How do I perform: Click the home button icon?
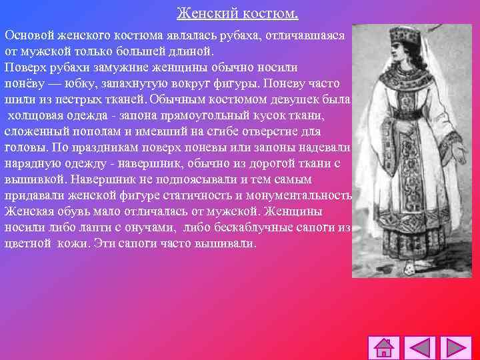[385, 348]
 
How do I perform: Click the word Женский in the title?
[203, 13]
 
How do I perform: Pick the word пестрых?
[87, 99]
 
